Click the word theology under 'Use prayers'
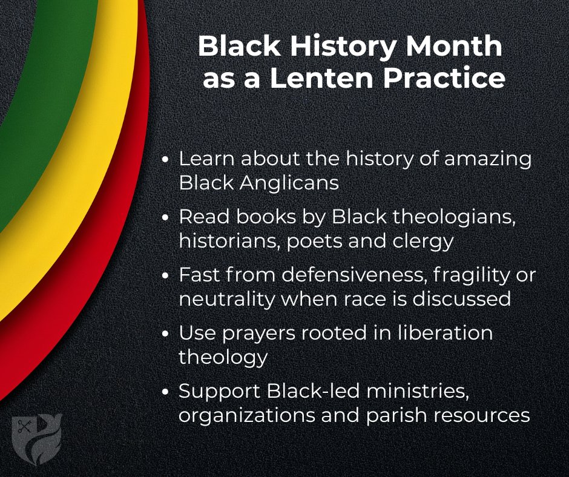pyautogui.click(x=223, y=357)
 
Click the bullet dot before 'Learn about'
pyautogui.click(x=167, y=162)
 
